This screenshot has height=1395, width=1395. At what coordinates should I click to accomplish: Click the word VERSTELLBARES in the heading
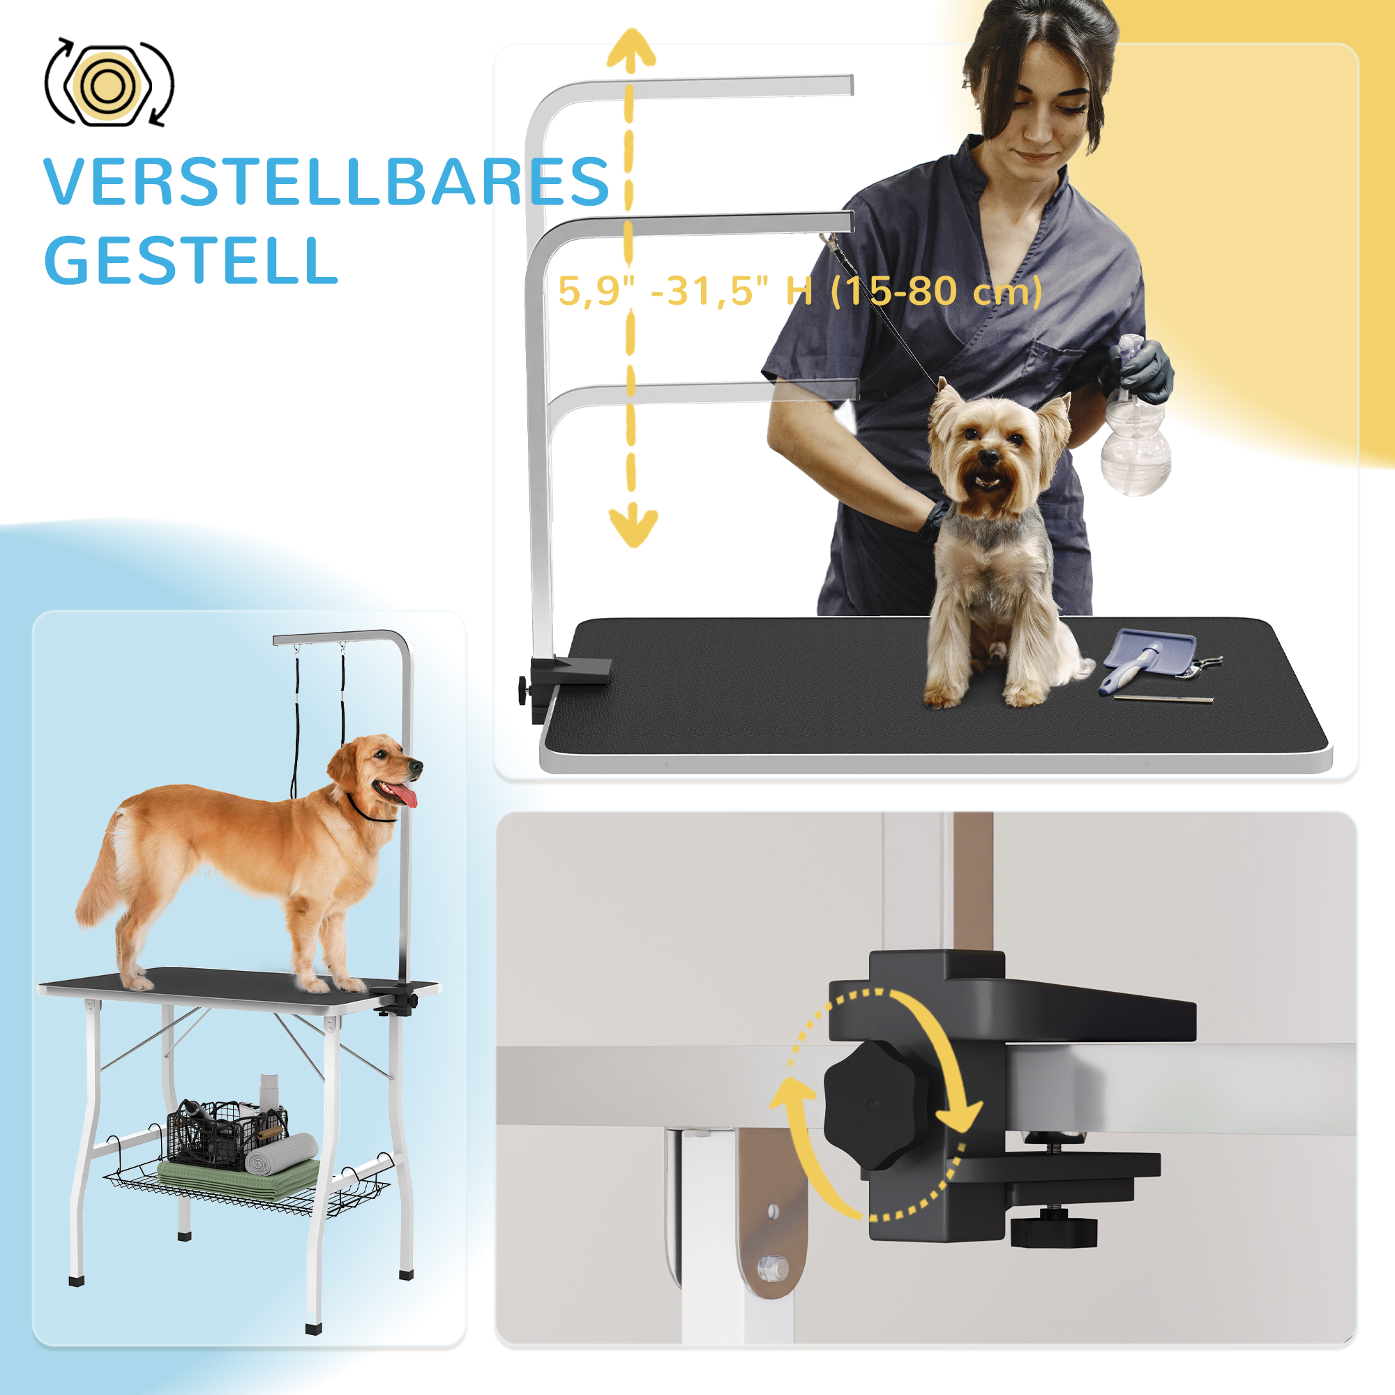(326, 182)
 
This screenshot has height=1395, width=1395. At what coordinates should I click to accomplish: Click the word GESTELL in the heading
(191, 261)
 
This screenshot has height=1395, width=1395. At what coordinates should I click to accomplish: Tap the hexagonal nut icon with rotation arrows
(109, 85)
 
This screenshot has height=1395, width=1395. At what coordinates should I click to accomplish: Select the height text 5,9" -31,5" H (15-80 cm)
(800, 291)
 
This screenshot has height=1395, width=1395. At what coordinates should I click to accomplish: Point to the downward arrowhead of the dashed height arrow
(633, 527)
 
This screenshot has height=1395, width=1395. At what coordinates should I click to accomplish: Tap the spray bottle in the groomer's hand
(1134, 448)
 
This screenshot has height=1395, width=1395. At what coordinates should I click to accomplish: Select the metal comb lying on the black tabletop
(1163, 699)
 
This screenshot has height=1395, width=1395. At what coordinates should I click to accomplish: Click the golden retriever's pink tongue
(406, 796)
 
